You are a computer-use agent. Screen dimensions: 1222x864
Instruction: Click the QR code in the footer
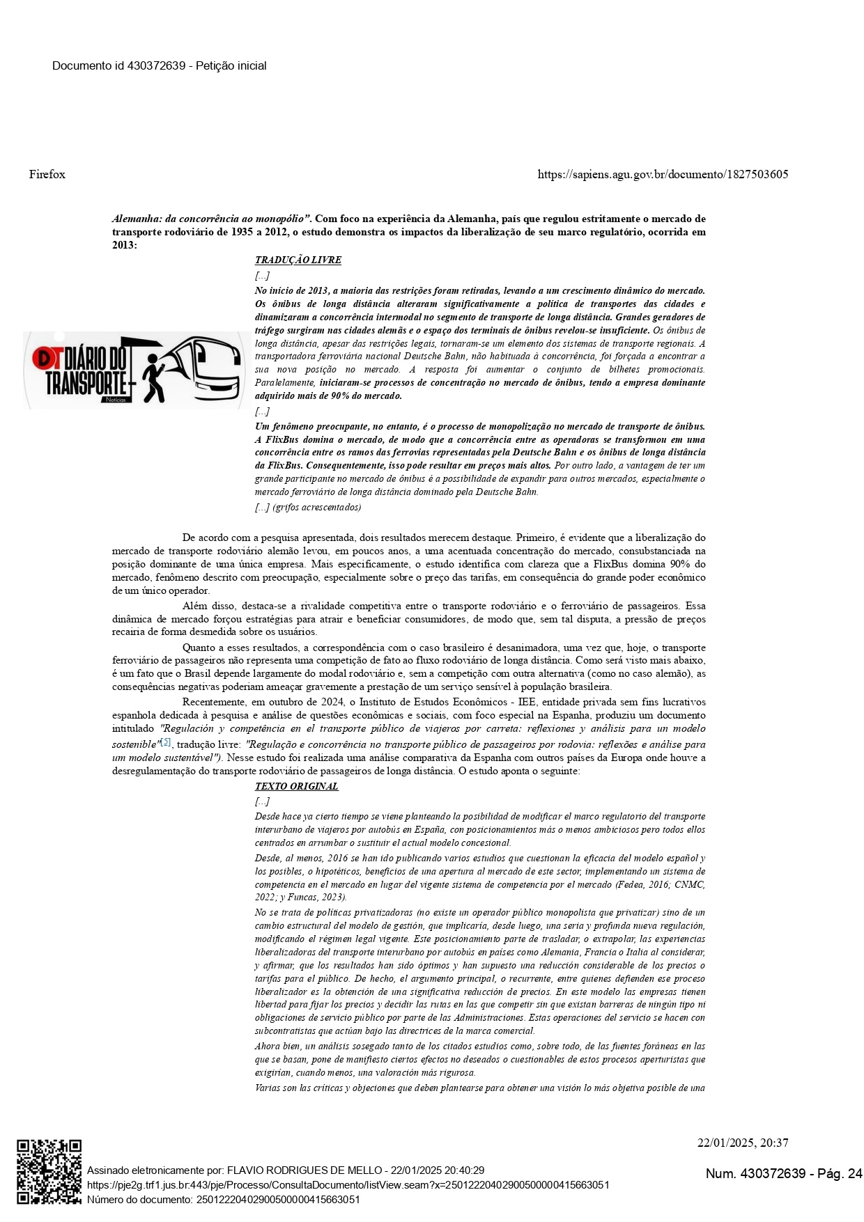49,1172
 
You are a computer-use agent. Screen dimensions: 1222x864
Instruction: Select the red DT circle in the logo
47,358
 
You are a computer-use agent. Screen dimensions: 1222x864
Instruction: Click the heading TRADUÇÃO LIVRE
298,260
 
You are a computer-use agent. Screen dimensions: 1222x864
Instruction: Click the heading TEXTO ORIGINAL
296,786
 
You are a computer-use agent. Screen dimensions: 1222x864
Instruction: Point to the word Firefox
47,174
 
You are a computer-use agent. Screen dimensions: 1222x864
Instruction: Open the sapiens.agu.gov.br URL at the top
663,174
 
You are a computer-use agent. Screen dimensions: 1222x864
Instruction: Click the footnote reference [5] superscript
166,742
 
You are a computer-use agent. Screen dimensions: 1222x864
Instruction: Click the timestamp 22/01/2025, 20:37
743,1143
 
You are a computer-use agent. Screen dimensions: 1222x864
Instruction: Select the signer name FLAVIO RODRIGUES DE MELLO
307,1170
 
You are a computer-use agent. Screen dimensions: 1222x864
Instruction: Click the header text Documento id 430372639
118,66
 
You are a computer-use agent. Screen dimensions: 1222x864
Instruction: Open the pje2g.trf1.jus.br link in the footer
348,1184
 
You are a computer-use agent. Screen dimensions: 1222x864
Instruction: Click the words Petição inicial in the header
231,66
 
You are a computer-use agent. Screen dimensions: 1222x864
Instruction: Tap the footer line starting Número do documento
223,1199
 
